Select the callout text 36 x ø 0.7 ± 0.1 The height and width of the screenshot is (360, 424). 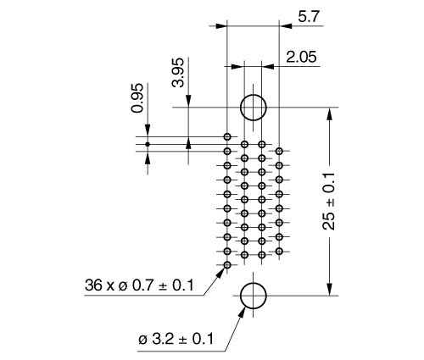[x=142, y=285]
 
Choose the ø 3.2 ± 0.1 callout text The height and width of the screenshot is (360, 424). [x=175, y=340]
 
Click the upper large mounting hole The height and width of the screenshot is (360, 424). [x=253, y=108]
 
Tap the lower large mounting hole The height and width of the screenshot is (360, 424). [x=253, y=296]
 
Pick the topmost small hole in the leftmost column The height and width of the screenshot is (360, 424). [x=227, y=136]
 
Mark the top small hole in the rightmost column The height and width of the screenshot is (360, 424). [x=279, y=151]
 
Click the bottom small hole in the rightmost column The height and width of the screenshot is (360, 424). [x=279, y=252]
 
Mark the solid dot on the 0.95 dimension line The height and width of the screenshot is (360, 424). [x=148, y=144]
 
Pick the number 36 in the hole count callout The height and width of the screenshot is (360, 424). [x=94, y=285]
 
